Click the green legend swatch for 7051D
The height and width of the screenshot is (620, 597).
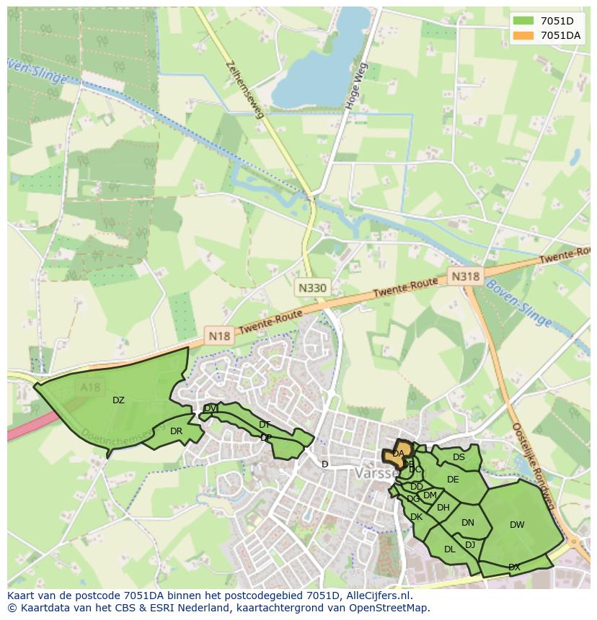(524, 21)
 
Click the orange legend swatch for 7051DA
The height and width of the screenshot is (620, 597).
(524, 35)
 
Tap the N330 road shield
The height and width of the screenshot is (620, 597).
(312, 288)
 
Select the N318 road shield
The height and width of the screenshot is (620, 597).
(464, 276)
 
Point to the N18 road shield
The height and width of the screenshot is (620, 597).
(218, 336)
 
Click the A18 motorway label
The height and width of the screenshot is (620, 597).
(91, 387)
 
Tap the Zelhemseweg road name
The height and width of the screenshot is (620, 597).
(244, 88)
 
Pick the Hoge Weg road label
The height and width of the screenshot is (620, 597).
(357, 86)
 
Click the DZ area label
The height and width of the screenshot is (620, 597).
(118, 400)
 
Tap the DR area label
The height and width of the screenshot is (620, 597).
(176, 431)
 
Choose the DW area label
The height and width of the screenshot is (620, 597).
(517, 525)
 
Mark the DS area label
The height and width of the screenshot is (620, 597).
(459, 457)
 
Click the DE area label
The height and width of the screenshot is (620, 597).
(453, 480)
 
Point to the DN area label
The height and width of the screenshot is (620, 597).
(468, 523)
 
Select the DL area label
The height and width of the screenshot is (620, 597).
(449, 549)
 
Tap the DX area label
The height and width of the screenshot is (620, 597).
(514, 567)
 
